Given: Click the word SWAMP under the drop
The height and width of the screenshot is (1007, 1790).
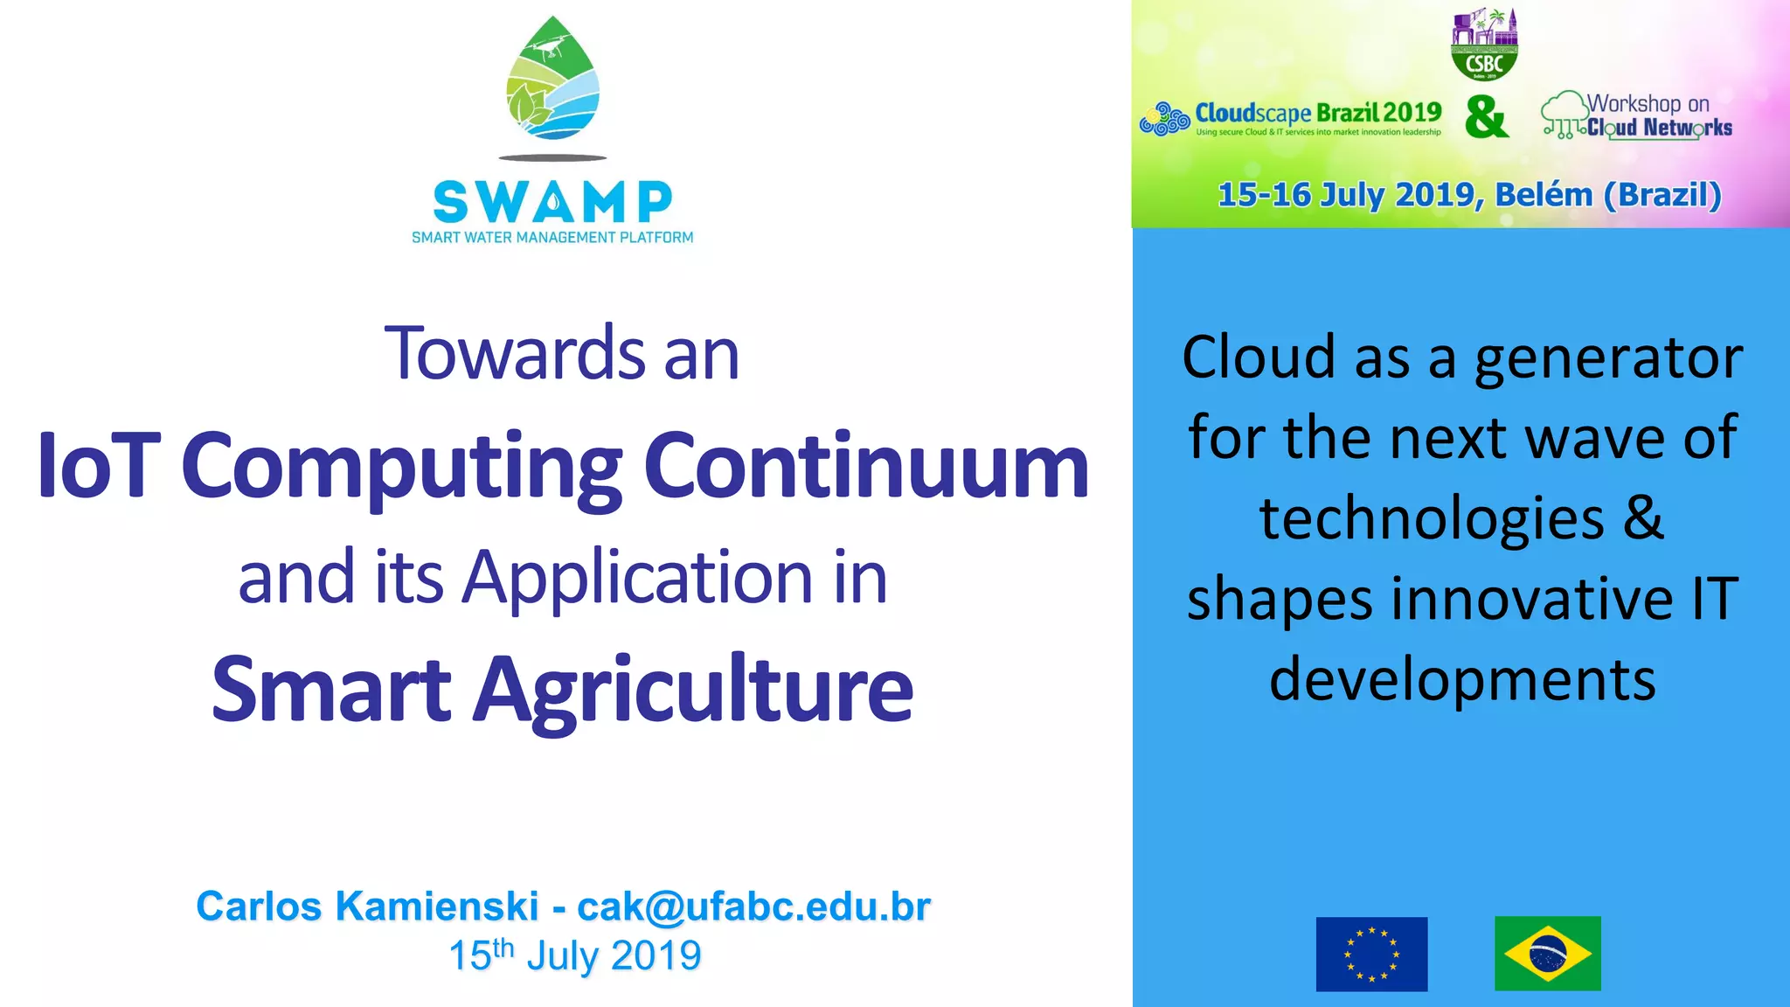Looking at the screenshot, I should (x=552, y=203).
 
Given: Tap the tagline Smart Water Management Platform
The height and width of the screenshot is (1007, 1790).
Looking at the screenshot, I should (x=552, y=238).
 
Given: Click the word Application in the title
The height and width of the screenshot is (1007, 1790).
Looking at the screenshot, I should (x=638, y=579).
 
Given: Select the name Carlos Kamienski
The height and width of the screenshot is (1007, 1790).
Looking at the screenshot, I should (x=367, y=906).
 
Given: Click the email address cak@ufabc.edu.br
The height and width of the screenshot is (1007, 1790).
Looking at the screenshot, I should (x=753, y=906).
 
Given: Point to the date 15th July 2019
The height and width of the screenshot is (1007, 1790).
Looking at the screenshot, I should (x=574, y=955).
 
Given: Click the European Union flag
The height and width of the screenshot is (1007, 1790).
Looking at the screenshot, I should (x=1371, y=954).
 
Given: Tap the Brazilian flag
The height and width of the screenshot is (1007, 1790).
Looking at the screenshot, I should (x=1547, y=954).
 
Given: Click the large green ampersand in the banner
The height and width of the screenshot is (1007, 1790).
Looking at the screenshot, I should (x=1487, y=117).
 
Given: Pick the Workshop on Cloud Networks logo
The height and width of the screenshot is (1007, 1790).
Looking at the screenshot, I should (x=1637, y=116).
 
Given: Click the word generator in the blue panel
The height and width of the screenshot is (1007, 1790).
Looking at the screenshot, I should (x=1608, y=358).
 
